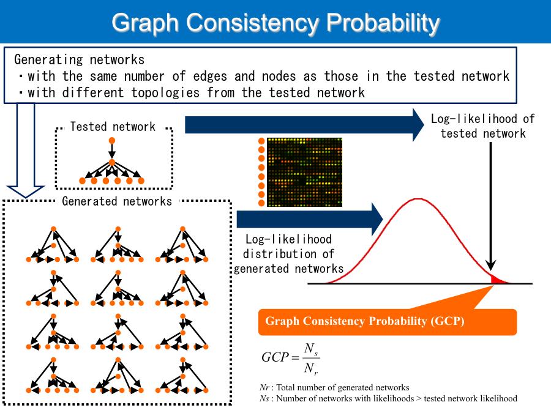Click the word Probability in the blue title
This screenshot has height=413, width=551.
pyautogui.click(x=383, y=23)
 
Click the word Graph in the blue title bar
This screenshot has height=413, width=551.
pyautogui.click(x=146, y=23)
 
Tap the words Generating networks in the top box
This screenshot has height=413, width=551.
pyautogui.click(x=80, y=60)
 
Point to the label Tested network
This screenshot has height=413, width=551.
pyautogui.click(x=113, y=127)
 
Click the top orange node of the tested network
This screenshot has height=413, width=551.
pyautogui.click(x=112, y=141)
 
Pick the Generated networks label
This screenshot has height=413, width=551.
pyautogui.click(x=117, y=201)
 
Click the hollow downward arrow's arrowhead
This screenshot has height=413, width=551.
pyautogui.click(x=26, y=191)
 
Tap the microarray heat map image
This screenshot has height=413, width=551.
pyautogui.click(x=304, y=172)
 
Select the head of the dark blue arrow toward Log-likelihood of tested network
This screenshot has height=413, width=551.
pyautogui.click(x=418, y=125)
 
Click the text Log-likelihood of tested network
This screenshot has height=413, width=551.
pyautogui.click(x=483, y=126)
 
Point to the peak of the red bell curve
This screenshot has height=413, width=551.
pyautogui.click(x=418, y=199)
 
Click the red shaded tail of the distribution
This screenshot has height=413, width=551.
pyautogui.click(x=497, y=280)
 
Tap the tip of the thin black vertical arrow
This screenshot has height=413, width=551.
pyautogui.click(x=491, y=270)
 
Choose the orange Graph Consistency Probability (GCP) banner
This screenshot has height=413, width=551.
pyautogui.click(x=388, y=322)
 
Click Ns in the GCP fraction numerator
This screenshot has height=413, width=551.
pyautogui.click(x=312, y=349)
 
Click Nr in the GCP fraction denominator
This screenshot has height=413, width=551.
pyautogui.click(x=312, y=368)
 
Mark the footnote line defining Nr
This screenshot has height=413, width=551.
pyautogui.click(x=334, y=387)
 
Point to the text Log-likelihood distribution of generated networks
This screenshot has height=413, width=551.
pyautogui.click(x=288, y=254)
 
